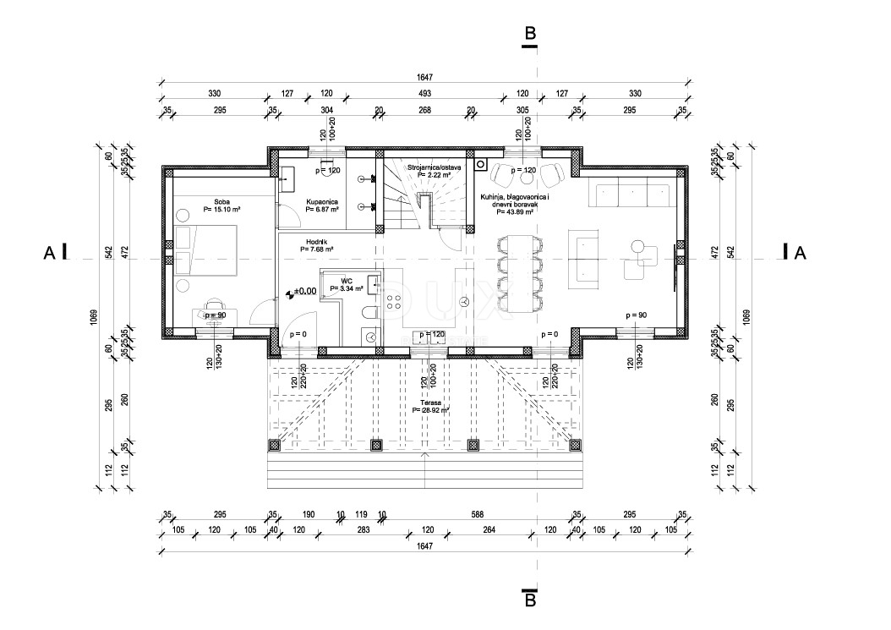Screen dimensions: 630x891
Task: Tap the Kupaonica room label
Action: click(322, 201)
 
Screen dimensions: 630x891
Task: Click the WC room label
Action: click(346, 280)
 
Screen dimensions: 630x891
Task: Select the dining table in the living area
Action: click(518, 271)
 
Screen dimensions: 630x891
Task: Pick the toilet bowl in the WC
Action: click(368, 314)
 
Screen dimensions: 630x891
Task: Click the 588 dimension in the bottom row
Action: click(478, 513)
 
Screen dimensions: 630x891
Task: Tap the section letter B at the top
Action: click(530, 33)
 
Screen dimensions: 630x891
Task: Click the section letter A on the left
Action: click(51, 252)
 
